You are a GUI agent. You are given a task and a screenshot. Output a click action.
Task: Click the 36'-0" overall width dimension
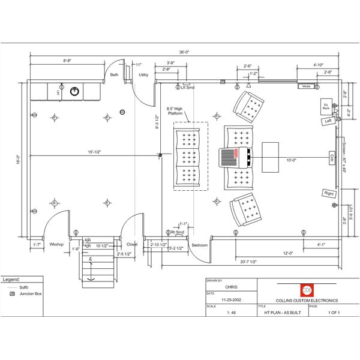pos(185,52)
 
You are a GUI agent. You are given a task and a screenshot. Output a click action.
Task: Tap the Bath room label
pos(114,75)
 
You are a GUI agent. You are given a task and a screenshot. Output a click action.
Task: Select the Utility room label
pos(143,75)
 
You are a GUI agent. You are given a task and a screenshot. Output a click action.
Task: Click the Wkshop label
pos(57,245)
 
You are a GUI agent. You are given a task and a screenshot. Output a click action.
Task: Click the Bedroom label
pos(199,245)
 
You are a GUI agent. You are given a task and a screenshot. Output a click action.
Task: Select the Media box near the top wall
pos(306,86)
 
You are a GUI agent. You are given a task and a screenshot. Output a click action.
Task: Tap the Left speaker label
pos(328,121)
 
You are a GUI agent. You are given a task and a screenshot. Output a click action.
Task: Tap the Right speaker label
pos(328,193)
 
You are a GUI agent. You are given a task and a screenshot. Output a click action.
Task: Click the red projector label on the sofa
pos(237,154)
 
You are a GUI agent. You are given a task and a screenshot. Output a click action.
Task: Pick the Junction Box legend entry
pos(26,294)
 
